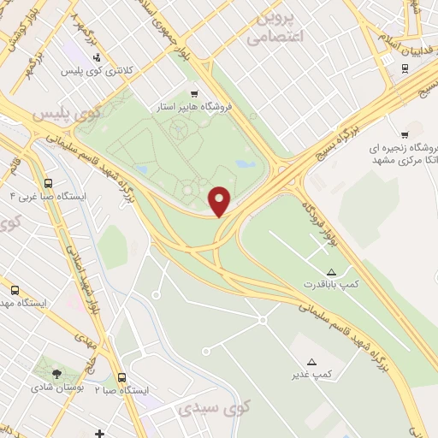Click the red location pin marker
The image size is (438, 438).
pyautogui.click(x=219, y=200)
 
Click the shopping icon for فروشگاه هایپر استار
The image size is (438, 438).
pyautogui.click(x=194, y=94)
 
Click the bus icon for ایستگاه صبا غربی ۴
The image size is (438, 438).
pyautogui.click(x=48, y=182)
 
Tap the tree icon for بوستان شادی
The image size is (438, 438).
pyautogui.click(x=56, y=373)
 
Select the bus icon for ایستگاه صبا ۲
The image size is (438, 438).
pyautogui.click(x=121, y=376)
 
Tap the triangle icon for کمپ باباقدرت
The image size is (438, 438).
pyautogui.click(x=332, y=270)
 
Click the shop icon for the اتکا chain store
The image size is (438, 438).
pyautogui.click(x=404, y=134)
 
